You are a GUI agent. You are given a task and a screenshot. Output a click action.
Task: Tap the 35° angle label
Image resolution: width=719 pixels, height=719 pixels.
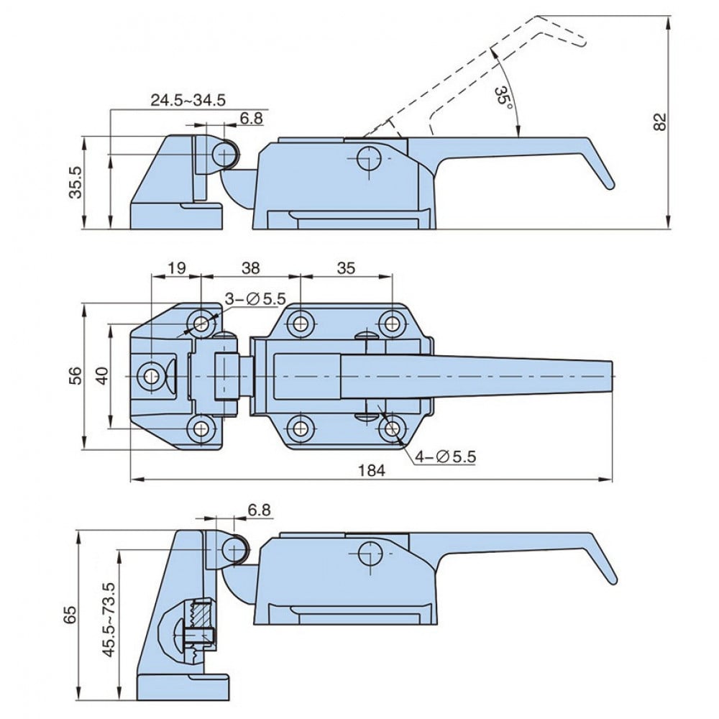pyautogui.click(x=504, y=99)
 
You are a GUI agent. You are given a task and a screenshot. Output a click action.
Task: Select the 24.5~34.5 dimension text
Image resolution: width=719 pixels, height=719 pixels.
pyautogui.click(x=188, y=100)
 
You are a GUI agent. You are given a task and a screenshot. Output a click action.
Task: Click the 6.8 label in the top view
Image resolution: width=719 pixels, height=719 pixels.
pyautogui.click(x=251, y=119)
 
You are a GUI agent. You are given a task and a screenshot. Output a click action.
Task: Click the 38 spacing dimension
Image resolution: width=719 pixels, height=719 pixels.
pyautogui.click(x=250, y=267)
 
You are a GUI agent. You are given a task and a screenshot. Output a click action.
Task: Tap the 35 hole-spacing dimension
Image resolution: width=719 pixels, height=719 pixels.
pyautogui.click(x=346, y=267)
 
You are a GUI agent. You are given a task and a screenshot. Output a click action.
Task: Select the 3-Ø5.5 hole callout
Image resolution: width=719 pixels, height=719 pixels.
pyautogui.click(x=255, y=298)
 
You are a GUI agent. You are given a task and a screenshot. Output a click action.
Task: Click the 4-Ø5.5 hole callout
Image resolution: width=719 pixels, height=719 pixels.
pyautogui.click(x=446, y=457)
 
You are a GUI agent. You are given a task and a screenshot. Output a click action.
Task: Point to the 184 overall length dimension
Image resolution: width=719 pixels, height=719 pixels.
pyautogui.click(x=372, y=470)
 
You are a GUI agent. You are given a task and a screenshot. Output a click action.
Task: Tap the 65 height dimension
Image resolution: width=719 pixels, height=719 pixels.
pyautogui.click(x=70, y=614)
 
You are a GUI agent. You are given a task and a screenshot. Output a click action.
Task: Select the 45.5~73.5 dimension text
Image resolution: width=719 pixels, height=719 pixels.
pyautogui.click(x=109, y=620)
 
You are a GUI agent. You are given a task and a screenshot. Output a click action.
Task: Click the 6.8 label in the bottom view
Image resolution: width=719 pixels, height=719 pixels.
pyautogui.click(x=259, y=510)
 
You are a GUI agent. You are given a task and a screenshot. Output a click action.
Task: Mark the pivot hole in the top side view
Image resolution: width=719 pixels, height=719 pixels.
pyautogui.click(x=369, y=158)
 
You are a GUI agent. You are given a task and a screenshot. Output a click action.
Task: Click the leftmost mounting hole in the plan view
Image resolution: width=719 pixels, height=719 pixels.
pyautogui.click(x=151, y=376)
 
